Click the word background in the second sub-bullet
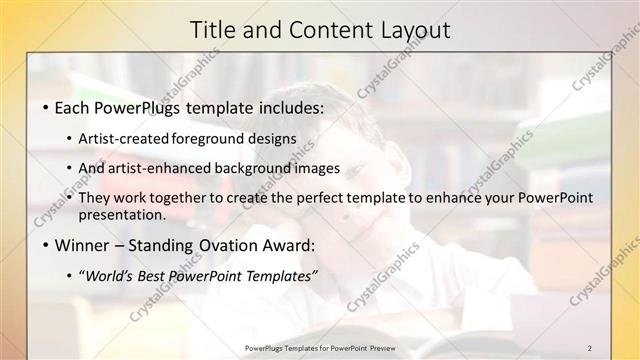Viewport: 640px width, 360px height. [x=256, y=168]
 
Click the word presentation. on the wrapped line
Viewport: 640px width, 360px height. [x=122, y=214]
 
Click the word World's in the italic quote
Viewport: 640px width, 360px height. [x=108, y=275]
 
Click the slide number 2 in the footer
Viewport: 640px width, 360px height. [x=590, y=347]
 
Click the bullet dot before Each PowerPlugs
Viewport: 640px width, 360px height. [x=46, y=107]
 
